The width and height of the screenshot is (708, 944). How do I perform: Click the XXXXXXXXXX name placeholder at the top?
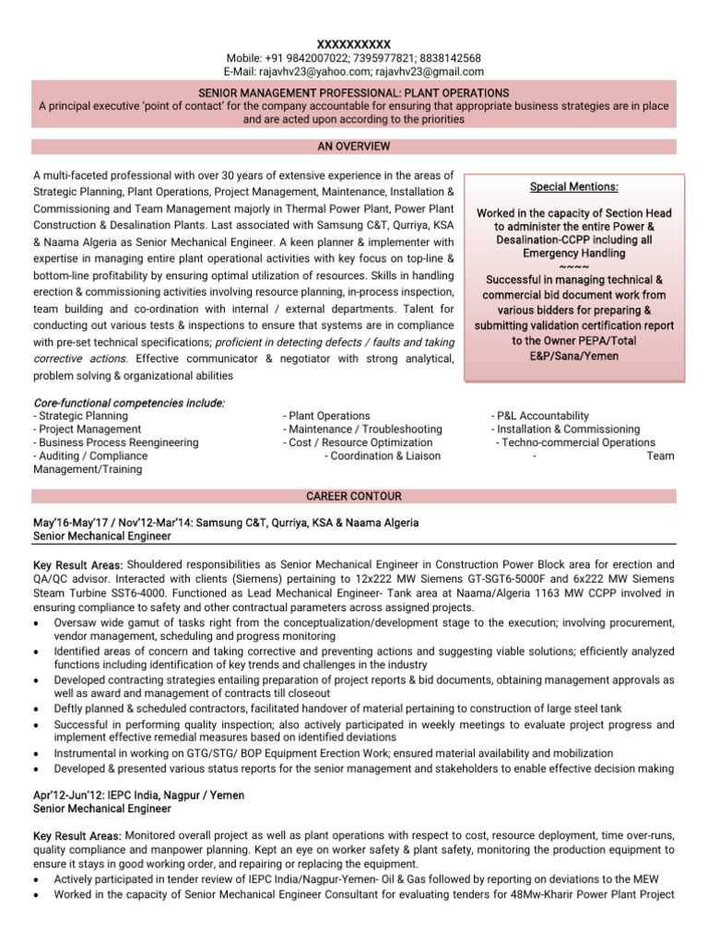click(x=354, y=44)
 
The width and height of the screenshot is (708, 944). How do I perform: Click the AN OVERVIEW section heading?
click(x=354, y=147)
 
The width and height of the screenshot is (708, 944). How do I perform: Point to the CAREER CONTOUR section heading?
click(x=354, y=496)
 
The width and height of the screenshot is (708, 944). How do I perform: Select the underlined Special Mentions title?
click(x=574, y=187)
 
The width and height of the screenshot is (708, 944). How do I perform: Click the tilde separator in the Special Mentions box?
click(x=574, y=267)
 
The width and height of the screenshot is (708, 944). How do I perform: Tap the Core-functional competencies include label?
click(x=129, y=403)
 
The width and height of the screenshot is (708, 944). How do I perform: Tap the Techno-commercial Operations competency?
click(x=563, y=442)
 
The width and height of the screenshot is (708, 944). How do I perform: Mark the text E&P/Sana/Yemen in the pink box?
click(x=574, y=355)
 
